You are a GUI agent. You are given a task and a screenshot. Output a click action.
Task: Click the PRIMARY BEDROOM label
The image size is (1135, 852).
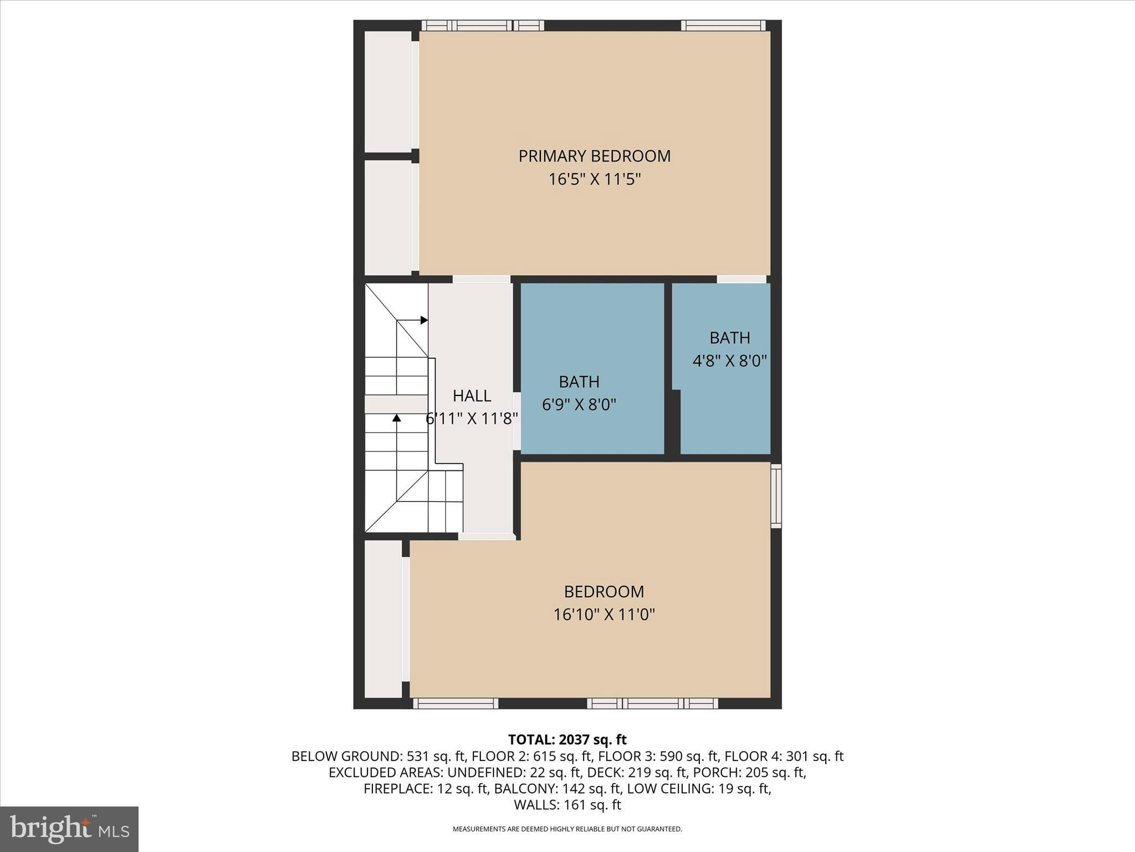(594, 156)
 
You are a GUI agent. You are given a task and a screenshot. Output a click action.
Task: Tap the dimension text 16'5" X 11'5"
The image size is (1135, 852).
(594, 180)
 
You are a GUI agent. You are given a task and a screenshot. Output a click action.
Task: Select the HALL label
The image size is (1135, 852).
(472, 395)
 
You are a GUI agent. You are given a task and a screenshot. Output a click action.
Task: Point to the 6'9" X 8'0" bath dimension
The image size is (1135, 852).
(579, 405)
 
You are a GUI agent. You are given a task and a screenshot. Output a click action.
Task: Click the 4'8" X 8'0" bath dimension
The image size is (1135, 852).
(729, 361)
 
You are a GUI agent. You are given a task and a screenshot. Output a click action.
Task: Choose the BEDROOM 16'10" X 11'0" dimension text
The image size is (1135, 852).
(604, 615)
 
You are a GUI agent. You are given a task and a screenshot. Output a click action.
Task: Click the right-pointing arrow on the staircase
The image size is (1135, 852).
(423, 320)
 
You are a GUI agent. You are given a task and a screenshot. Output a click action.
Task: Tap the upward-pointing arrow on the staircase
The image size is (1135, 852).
(397, 418)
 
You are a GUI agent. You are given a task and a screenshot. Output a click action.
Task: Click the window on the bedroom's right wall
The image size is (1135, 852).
(776, 496)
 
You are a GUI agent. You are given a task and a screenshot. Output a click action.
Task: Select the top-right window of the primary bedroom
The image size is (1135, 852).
(723, 26)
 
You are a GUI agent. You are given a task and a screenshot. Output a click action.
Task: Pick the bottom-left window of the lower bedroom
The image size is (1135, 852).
(456, 703)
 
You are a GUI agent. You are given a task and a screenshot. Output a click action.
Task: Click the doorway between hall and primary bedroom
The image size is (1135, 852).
(482, 279)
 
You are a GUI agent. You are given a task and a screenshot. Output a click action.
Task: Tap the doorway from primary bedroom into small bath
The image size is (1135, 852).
(742, 279)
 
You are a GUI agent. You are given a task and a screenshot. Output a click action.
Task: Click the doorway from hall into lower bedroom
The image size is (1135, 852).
(487, 536)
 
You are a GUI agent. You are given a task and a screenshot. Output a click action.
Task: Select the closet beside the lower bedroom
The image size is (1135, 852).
(383, 618)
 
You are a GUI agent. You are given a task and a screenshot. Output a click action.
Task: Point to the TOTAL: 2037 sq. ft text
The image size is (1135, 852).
(567, 739)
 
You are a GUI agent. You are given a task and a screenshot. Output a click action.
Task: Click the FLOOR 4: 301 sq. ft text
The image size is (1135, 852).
(784, 756)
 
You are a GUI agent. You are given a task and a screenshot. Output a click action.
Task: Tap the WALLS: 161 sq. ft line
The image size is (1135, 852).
(567, 805)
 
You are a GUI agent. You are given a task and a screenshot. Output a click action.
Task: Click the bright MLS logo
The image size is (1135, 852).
(69, 829)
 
